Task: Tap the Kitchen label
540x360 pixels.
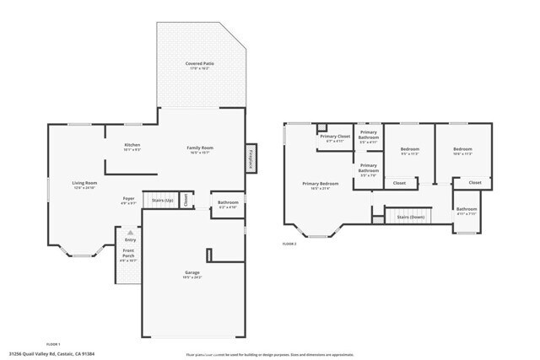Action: coord(132,147)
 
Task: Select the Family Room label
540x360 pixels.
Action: coord(200,150)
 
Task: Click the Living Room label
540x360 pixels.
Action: coord(84,185)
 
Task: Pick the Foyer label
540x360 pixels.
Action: coord(128,201)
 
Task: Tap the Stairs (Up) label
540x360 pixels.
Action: coord(162,201)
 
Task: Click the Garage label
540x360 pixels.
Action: coord(192,274)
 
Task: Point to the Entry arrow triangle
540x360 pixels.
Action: coord(129,232)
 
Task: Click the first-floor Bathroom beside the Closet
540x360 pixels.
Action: coord(228,204)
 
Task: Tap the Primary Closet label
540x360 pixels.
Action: coord(335,138)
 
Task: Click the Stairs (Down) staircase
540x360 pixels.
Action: coord(411,217)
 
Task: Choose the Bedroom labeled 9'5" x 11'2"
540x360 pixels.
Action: coord(410,152)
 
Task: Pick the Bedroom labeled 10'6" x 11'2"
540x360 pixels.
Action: coord(463,152)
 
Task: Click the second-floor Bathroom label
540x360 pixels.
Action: coord(467,211)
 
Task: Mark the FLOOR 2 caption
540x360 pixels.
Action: coord(290,244)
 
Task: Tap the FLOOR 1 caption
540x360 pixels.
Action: coord(53,344)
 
